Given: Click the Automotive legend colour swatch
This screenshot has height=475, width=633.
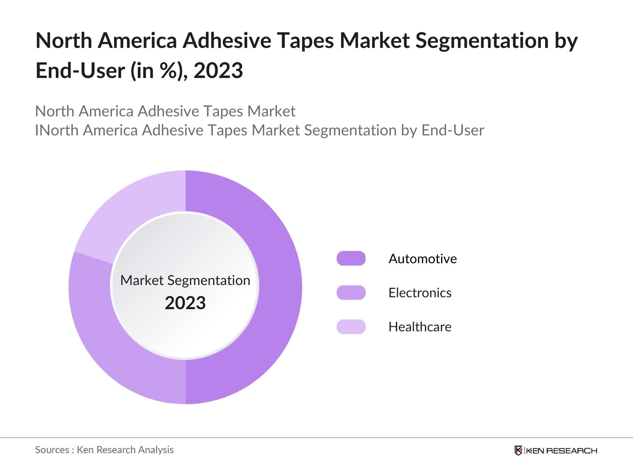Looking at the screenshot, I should [351, 258].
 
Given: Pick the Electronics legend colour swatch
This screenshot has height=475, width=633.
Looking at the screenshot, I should [351, 293].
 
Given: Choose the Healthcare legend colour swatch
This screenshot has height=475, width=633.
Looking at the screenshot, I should [351, 327].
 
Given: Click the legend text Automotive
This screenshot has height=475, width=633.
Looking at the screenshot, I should [423, 258].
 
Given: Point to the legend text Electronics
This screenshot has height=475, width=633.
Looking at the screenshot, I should [420, 293].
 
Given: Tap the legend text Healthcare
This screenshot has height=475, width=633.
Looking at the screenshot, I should [420, 327].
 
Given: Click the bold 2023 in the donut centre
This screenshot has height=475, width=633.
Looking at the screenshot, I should [185, 303].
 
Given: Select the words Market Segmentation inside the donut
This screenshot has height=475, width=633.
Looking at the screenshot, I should [185, 280].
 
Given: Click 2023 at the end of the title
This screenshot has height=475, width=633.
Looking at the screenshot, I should [218, 71].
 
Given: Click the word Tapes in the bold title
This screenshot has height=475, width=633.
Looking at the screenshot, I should [305, 40].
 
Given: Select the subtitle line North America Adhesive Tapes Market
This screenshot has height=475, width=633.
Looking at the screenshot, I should [165, 111].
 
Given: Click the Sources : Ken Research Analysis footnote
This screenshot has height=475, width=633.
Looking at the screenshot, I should [104, 450].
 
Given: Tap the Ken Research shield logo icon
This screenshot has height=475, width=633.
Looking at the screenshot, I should [518, 450].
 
